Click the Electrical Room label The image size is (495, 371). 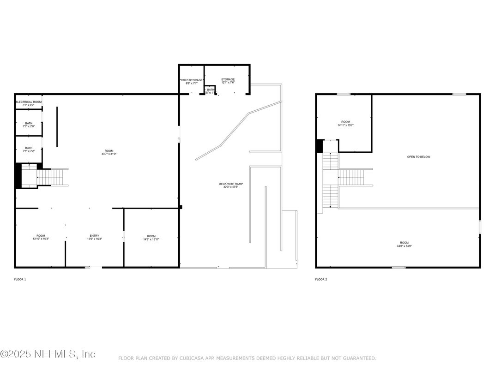pyautogui.click(x=29, y=103)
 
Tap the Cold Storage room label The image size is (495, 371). pyautogui.click(x=191, y=82)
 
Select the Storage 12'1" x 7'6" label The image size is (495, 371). pyautogui.click(x=228, y=81)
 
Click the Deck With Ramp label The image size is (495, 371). pyautogui.click(x=231, y=185)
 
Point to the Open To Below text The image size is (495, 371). pyautogui.click(x=418, y=157)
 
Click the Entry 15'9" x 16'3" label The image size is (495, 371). pyautogui.click(x=94, y=237)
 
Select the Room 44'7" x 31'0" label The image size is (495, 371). pyautogui.click(x=109, y=152)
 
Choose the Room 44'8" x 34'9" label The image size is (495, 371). pyautogui.click(x=404, y=244)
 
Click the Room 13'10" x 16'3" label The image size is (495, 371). pyautogui.click(x=41, y=237)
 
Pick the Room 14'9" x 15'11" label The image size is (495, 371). pyautogui.click(x=151, y=237)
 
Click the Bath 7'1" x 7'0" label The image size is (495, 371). pyautogui.click(x=29, y=125)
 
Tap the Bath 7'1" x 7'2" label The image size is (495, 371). pyautogui.click(x=29, y=150)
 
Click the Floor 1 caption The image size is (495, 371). pyautogui.click(x=20, y=279)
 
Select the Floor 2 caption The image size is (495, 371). pyautogui.click(x=321, y=279)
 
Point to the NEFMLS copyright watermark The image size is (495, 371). pyautogui.click(x=48, y=354)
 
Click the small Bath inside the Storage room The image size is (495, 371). pyautogui.click(x=211, y=90)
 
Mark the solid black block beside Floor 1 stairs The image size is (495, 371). pyautogui.click(x=18, y=176)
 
